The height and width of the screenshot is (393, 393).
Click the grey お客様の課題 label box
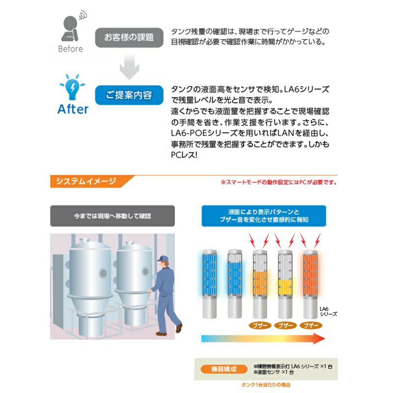129,38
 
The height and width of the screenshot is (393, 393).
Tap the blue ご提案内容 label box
129,95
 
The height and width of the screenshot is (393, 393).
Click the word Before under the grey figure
70,49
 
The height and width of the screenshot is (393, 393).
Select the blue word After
73,109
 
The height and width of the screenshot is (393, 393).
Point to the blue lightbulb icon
72,87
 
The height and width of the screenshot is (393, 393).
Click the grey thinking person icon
71,27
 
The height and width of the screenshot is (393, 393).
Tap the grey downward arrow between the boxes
129,66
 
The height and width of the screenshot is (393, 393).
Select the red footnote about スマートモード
279,182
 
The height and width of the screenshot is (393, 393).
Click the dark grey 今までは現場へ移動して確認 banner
112,216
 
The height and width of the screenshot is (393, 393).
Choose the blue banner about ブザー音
264,216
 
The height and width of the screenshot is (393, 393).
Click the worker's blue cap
163,258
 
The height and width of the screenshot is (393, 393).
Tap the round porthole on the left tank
103,273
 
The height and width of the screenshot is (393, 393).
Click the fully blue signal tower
209,284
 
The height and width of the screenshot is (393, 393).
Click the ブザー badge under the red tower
311,326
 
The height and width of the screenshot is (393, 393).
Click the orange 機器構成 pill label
224,369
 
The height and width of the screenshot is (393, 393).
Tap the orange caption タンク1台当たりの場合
266,385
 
